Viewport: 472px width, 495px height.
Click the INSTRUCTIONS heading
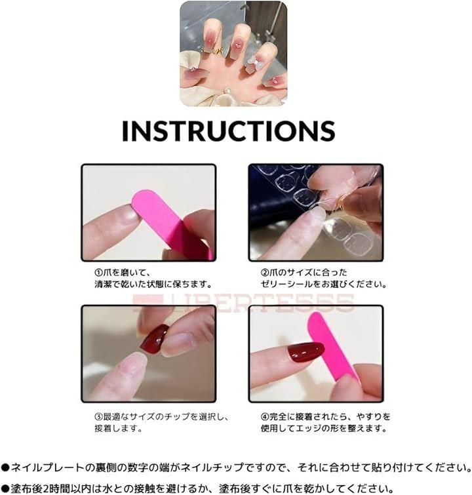tap(228, 130)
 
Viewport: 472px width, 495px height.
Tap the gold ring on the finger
tap(214, 50)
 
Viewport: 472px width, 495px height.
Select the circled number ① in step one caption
tap(99, 273)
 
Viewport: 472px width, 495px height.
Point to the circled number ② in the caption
tap(265, 273)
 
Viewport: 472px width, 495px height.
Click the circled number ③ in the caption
tap(99, 416)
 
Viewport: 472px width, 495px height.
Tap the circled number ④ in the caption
tap(265, 416)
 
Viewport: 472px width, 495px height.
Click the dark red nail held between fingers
tap(154, 340)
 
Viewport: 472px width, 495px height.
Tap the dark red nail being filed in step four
tap(305, 351)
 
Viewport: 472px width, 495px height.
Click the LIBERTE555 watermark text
tap(244, 302)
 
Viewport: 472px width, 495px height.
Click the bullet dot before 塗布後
tap(5, 488)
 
